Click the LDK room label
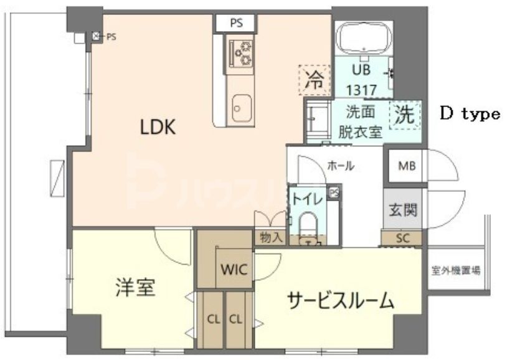point(159,128)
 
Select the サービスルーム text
point(340,301)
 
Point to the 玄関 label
point(403,210)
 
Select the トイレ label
point(307,199)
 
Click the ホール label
point(340,166)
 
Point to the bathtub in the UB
point(363,39)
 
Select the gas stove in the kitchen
point(240,52)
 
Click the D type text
point(470,113)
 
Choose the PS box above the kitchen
point(236,24)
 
